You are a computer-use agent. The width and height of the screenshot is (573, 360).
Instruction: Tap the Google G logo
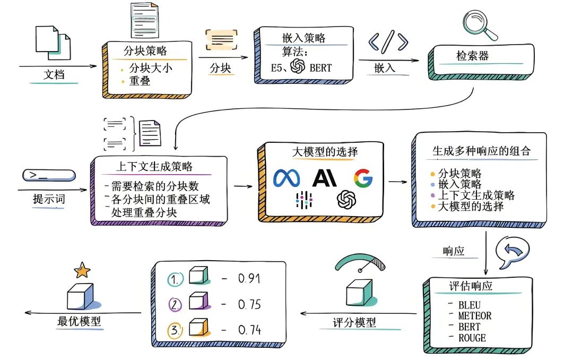click(363, 178)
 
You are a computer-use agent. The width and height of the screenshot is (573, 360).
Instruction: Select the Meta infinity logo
click(286, 178)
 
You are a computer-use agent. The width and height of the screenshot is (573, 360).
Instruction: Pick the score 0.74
click(248, 330)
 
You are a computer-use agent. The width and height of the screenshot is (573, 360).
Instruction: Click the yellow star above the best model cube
click(82, 271)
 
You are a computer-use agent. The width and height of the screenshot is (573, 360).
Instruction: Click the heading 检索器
click(472, 56)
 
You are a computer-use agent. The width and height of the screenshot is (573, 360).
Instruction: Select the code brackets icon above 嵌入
click(388, 42)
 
